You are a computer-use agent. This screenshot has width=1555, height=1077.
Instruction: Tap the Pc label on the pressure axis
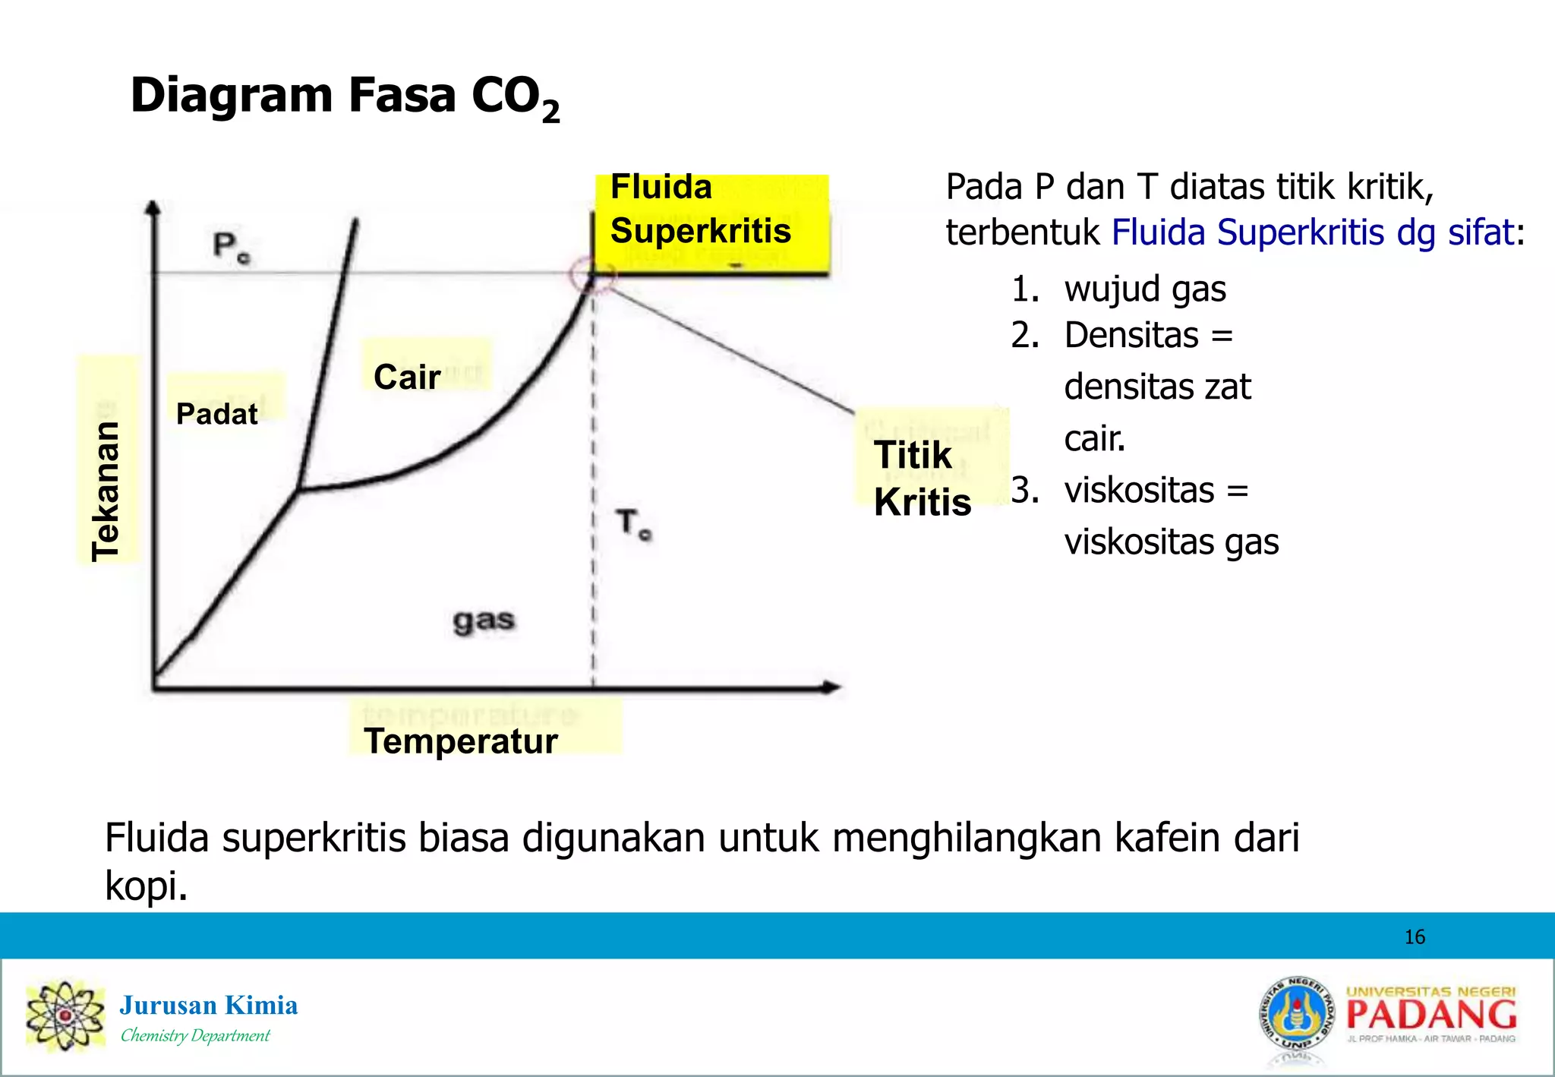230,247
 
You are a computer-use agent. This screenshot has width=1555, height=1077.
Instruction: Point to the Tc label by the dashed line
632,524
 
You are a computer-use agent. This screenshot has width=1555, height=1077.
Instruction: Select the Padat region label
216,414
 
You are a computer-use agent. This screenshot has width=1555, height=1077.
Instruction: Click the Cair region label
407,377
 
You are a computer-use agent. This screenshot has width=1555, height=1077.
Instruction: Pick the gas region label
484,621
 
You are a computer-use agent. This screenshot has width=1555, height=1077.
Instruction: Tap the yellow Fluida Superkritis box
710,224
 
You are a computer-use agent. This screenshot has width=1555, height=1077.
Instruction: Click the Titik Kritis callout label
922,478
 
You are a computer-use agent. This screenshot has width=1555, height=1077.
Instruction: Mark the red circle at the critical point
592,275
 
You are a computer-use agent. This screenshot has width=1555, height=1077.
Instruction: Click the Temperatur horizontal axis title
461,741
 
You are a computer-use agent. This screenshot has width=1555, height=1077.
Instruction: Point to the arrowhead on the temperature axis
832,687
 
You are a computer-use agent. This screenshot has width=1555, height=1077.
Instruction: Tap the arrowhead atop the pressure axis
153,207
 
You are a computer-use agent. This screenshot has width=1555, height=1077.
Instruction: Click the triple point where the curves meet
299,490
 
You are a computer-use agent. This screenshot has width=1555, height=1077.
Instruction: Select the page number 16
1415,936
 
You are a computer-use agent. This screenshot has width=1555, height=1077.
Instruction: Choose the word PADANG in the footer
1431,1015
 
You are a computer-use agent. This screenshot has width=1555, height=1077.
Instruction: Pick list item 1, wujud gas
1144,289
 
